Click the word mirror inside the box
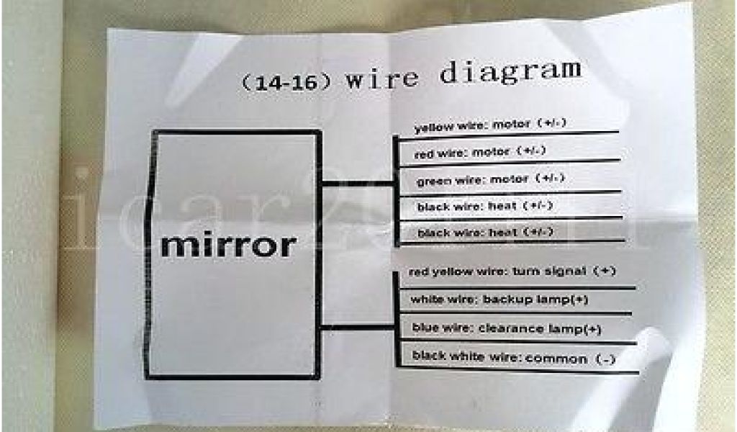click(227, 245)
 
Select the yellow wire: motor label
click(490, 125)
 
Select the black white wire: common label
click(512, 357)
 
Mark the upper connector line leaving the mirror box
click(356, 186)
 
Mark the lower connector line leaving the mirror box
click(356, 328)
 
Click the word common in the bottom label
click(556, 358)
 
